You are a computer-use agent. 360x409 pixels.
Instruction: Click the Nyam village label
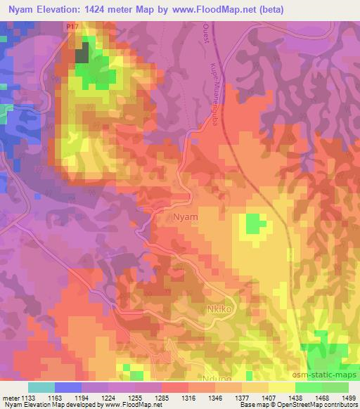[x=186, y=218]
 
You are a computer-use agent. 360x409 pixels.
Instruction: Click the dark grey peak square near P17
[x=82, y=54]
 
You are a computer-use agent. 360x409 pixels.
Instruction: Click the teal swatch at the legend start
[x=41, y=387]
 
